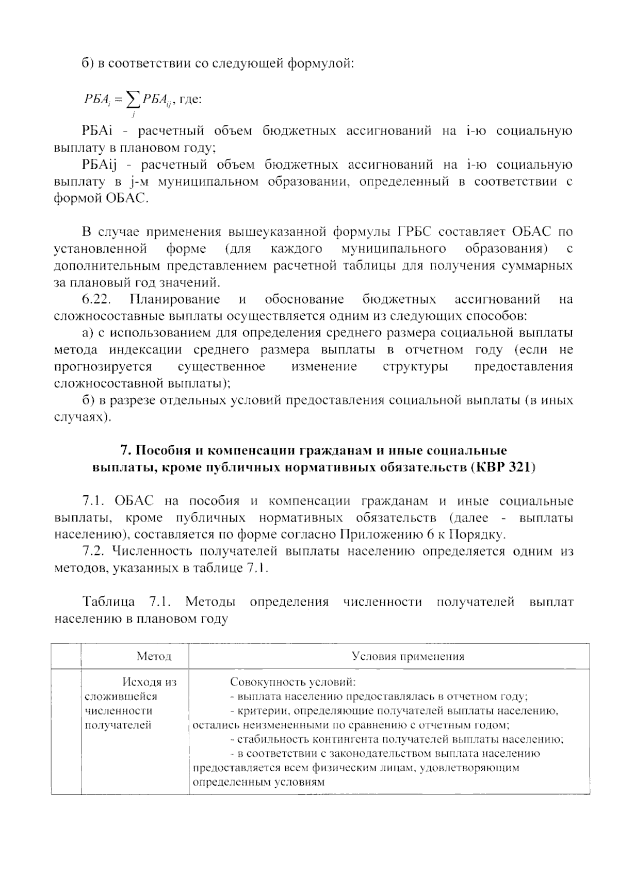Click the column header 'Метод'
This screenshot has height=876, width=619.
154,656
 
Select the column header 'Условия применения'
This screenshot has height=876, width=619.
408,656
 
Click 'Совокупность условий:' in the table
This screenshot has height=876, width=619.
293,682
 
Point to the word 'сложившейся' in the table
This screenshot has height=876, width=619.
113,696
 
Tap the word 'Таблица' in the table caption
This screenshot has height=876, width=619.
109,602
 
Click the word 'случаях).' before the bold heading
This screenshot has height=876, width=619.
83,417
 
